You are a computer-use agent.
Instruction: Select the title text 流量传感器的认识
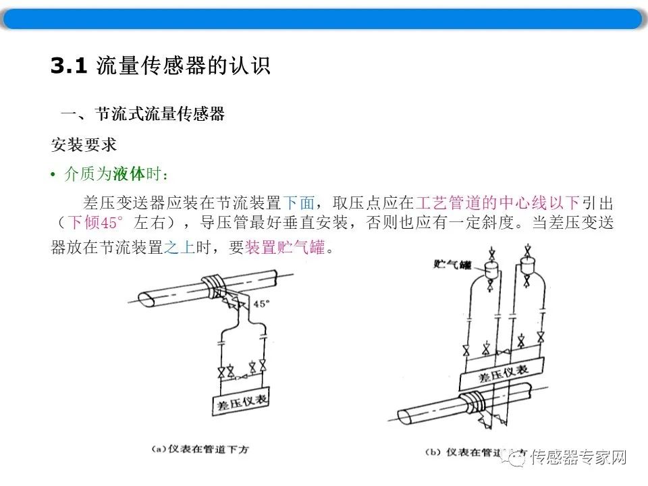[x=183, y=65]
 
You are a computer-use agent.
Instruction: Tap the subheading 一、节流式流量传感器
[x=142, y=114]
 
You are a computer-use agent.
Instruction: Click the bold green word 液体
[x=129, y=174]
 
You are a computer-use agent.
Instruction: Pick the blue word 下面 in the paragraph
[x=298, y=202]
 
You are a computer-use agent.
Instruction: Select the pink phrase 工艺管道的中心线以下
[x=498, y=202]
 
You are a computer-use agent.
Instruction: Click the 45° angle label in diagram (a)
[x=261, y=304]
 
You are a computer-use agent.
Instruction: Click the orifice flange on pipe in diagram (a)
[x=214, y=283]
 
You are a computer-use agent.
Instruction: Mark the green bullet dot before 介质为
[x=53, y=175]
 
